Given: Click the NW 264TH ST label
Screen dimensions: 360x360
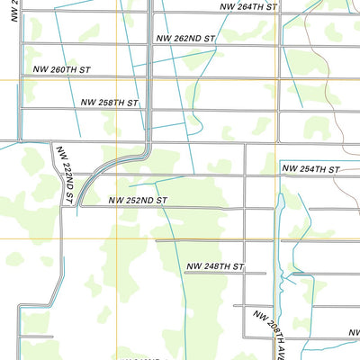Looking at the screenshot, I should coord(251,7).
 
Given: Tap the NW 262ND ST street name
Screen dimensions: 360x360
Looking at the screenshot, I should coord(186,40).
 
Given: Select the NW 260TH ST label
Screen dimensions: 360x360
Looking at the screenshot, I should coord(63,69).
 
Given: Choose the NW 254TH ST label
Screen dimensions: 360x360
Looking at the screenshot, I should coord(310,169).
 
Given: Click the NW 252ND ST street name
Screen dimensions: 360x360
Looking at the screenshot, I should coord(139,201).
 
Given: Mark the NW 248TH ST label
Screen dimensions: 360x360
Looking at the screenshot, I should coord(215,267).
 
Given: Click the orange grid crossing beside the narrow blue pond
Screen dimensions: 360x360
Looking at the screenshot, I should coord(274,238).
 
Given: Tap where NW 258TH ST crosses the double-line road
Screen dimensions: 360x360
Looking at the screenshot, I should coord(148,112).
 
